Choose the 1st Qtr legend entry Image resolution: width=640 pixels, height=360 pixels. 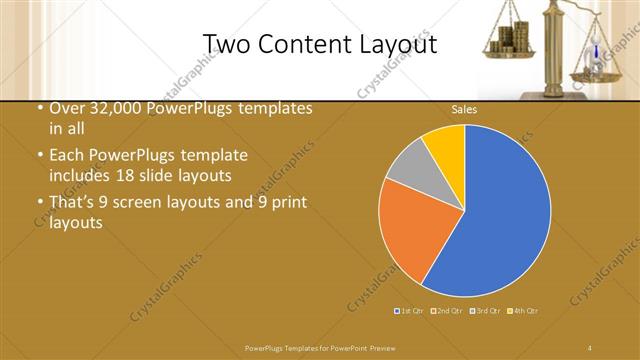pos(410,310)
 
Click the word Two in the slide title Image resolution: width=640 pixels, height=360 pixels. pos(224,44)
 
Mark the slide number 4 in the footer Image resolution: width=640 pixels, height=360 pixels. pos(591,347)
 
